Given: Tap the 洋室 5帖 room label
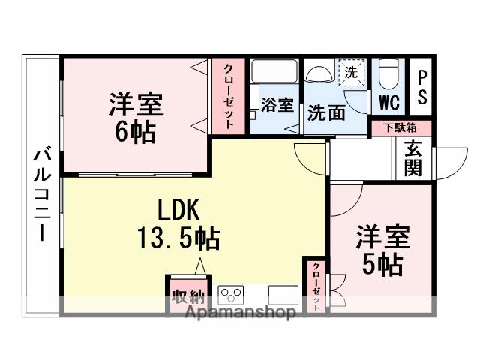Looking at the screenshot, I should coord(382,250).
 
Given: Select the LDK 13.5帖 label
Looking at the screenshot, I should coord(178,224).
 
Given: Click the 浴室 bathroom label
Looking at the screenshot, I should coord(277,105).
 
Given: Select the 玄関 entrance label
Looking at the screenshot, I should coord(412,158).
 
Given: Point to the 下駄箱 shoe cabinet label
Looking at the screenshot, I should coord(402,127).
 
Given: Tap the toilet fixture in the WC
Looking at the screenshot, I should coord(388,75).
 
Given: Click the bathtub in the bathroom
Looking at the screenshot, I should coord(274,72).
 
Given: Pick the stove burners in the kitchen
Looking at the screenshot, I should coord(231,292).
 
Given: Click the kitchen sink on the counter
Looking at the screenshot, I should coord(283,292).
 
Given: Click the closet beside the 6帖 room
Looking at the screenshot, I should coord(228,96).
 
